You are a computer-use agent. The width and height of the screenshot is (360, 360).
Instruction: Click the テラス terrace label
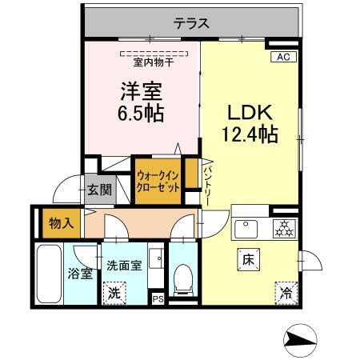pos(191,24)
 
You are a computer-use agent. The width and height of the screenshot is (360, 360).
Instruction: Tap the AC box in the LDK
pos(282,56)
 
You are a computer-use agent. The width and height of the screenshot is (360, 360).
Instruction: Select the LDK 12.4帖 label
pos(249,122)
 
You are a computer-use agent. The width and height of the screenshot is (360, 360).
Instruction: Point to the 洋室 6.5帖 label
pos(142,102)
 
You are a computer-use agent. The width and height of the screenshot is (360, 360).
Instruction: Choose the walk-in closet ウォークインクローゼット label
pos(156,181)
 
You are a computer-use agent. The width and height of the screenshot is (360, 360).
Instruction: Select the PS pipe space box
pos(158,299)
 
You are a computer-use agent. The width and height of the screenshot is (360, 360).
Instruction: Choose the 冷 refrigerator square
pos(285,292)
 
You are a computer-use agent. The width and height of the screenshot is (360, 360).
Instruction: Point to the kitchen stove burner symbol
pos(283,226)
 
